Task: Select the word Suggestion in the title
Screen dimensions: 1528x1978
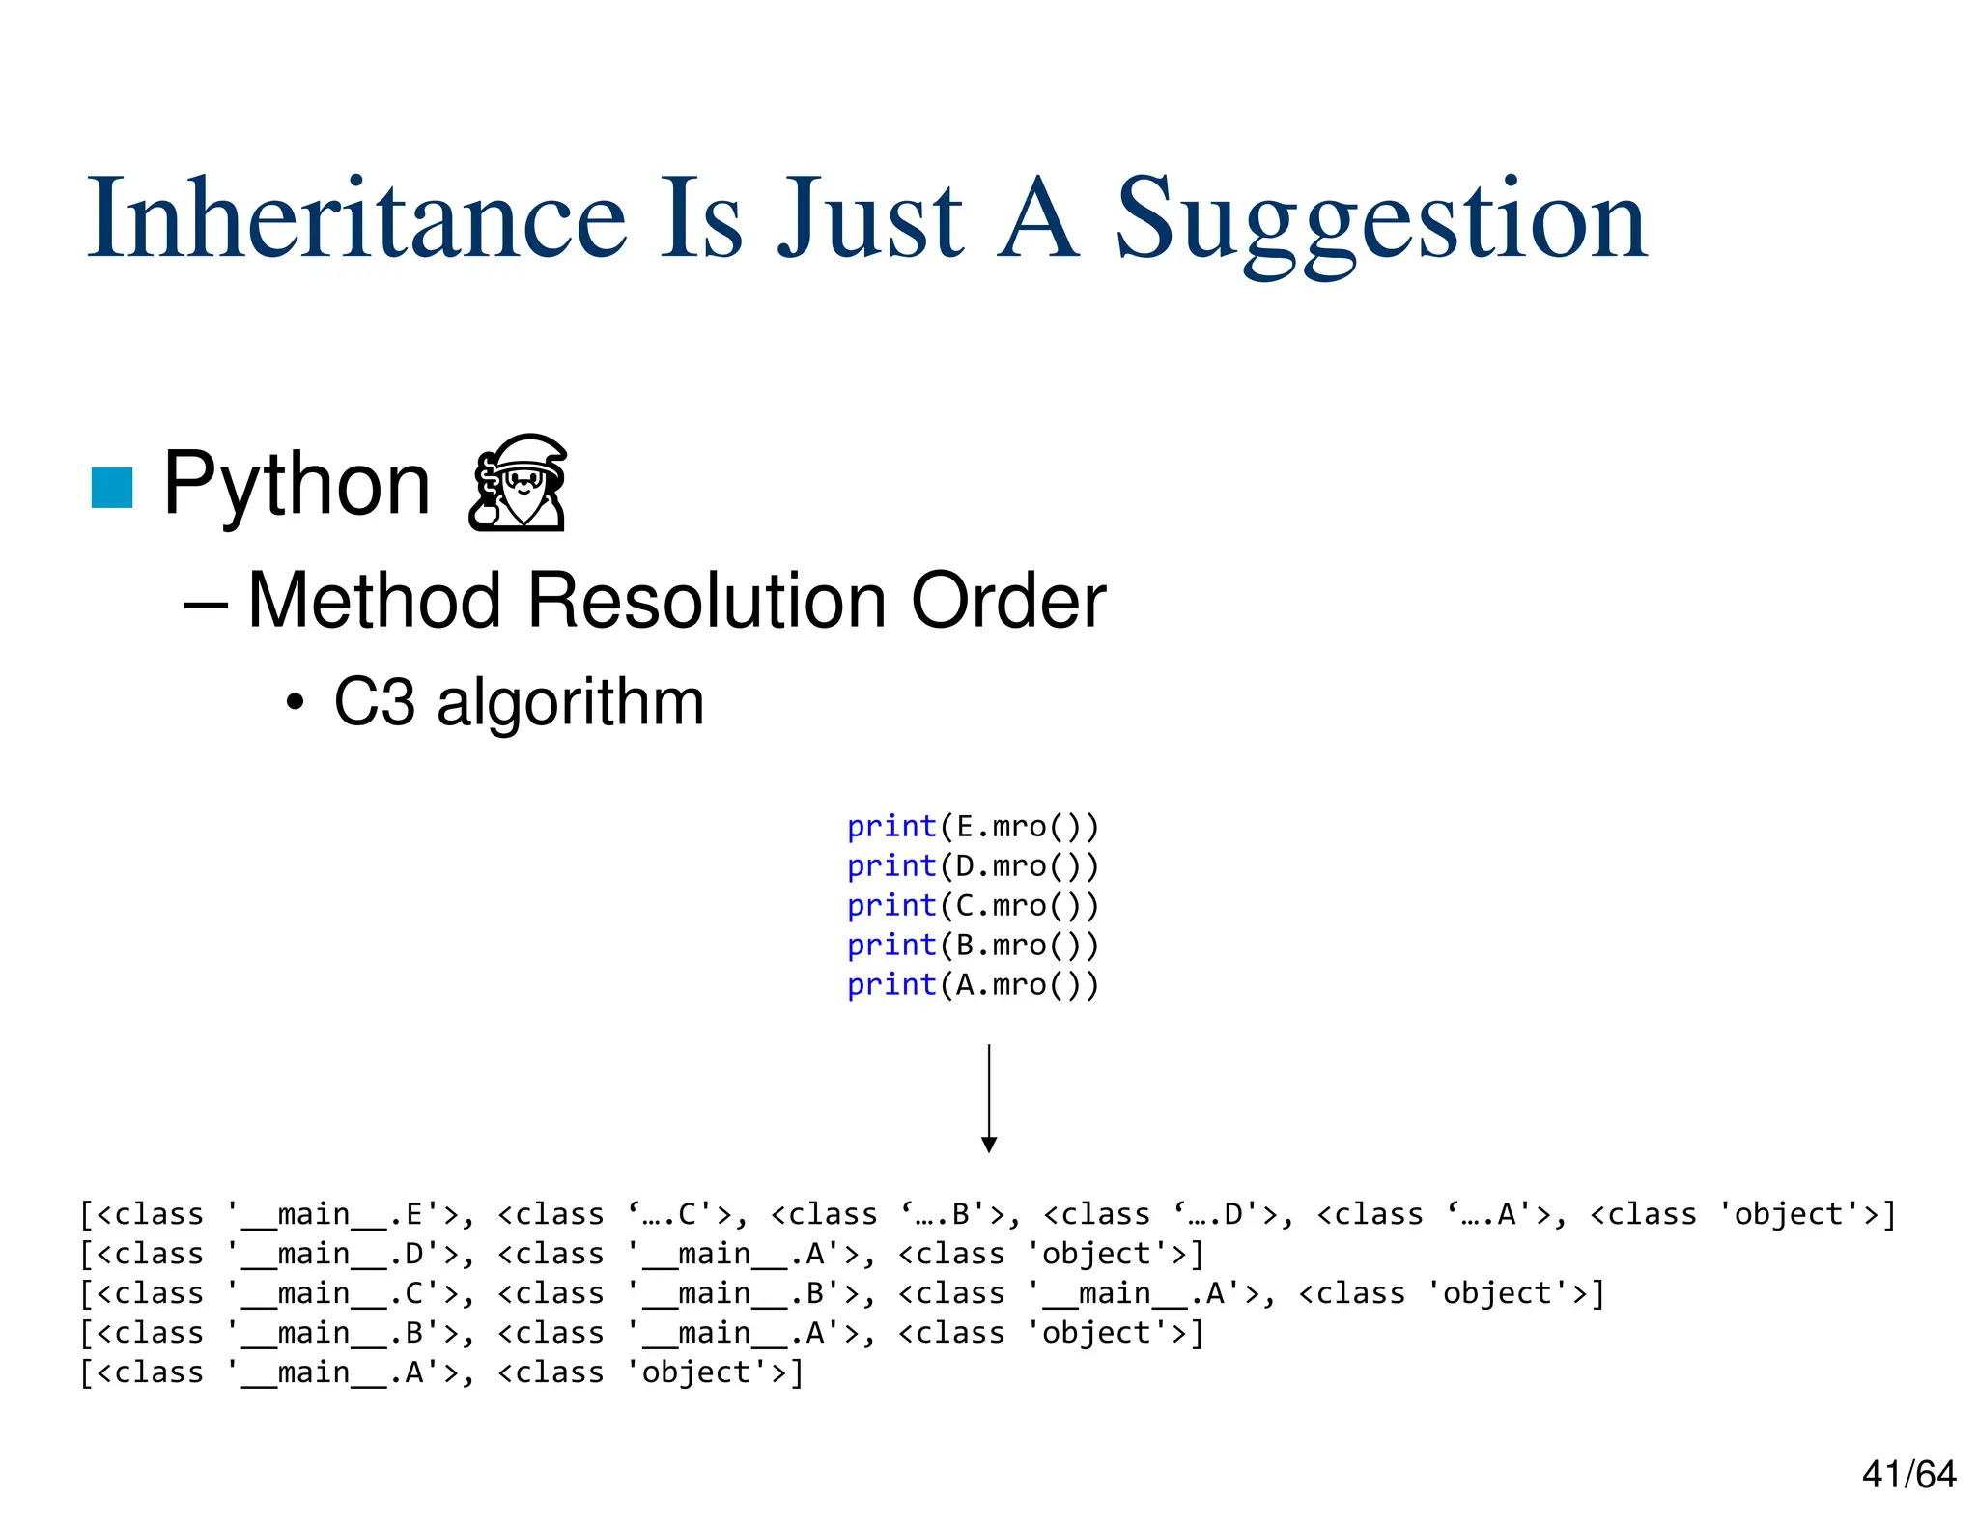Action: click(x=1381, y=222)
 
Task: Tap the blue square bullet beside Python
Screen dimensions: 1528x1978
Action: click(x=112, y=487)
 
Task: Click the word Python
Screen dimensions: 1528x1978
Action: click(x=297, y=485)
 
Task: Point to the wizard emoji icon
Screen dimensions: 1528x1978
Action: click(x=518, y=483)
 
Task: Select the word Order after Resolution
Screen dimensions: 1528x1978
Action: click(x=1008, y=601)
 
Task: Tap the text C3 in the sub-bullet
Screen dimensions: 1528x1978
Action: click(x=374, y=702)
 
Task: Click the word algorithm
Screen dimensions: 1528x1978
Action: click(x=570, y=702)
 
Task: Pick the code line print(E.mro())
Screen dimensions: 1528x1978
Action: click(x=973, y=827)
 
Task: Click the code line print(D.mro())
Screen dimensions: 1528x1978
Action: click(x=973, y=866)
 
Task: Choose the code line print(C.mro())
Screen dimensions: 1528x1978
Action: click(x=973, y=906)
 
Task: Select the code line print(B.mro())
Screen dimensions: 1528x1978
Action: click(x=973, y=946)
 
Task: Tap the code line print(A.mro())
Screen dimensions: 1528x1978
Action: click(x=973, y=985)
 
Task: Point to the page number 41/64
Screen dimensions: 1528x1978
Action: click(x=1908, y=1475)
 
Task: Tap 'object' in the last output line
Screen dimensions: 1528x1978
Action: click(x=695, y=1372)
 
